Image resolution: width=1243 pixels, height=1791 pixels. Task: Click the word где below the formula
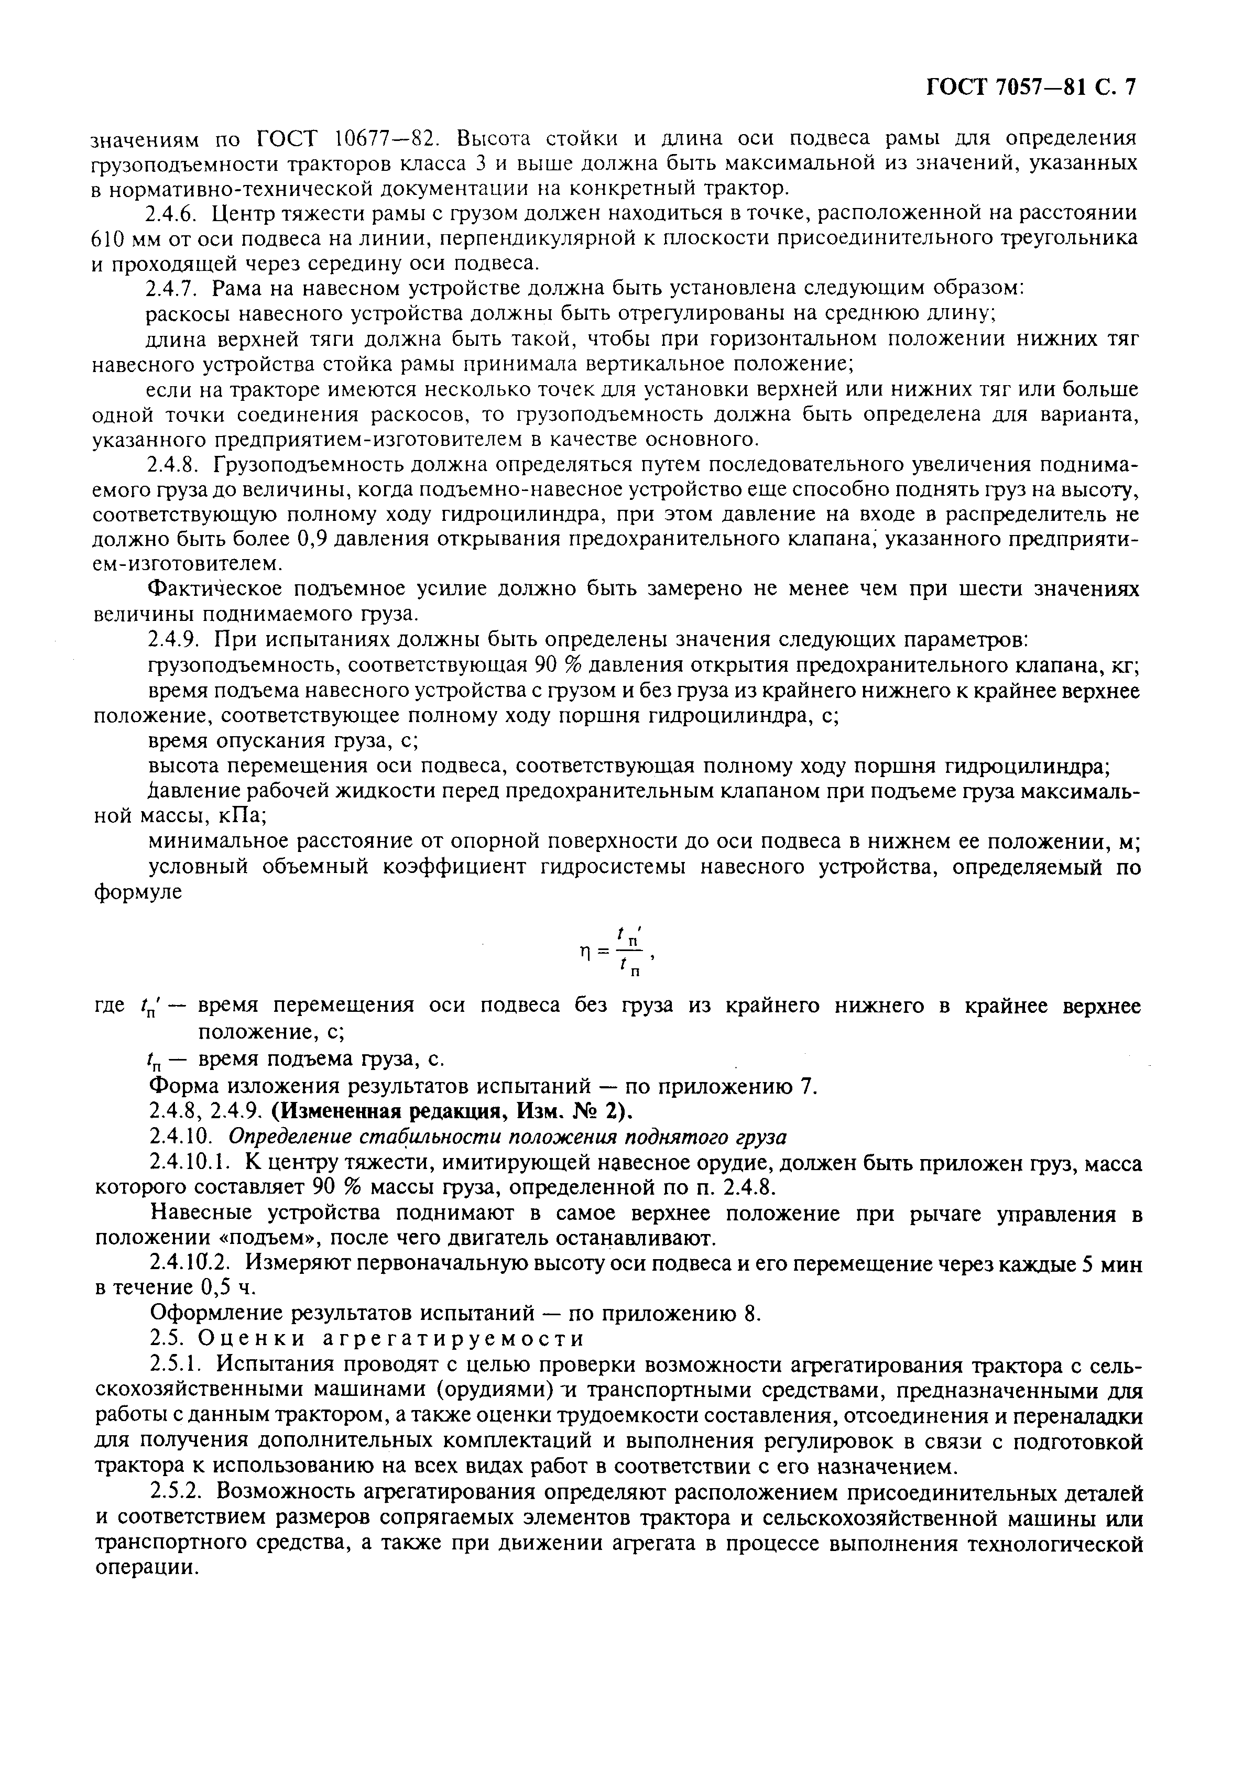pyautogui.click(x=109, y=1007)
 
